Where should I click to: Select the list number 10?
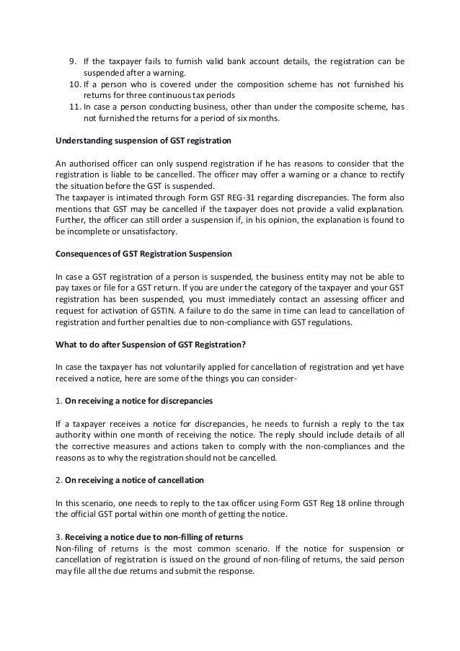click(71, 84)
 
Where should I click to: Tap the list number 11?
click(71, 107)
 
